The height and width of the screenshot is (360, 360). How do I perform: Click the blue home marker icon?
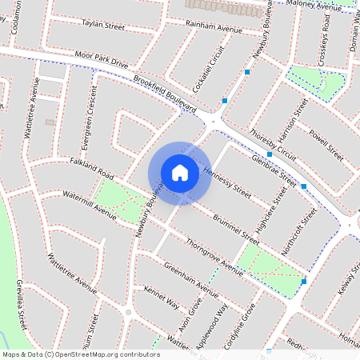(180, 173)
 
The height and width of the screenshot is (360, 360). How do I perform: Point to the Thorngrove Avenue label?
(214, 256)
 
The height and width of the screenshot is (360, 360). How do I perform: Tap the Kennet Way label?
(161, 296)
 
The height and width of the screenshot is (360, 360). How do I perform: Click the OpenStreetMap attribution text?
(81, 354)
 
